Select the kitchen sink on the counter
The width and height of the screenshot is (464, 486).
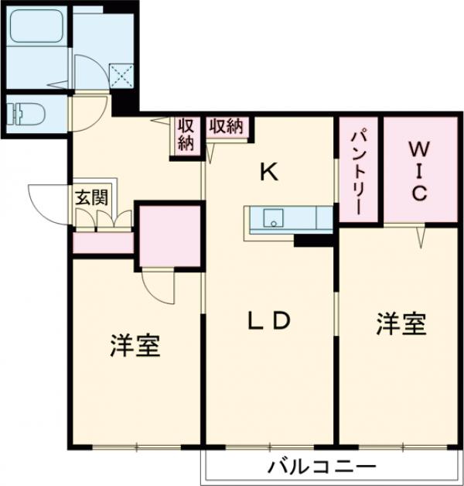tap(272, 219)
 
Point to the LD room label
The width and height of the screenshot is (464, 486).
tap(269, 320)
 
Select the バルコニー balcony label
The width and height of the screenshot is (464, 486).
tap(322, 468)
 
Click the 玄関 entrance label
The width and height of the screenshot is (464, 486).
tap(91, 196)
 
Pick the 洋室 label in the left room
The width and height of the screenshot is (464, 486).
tap(135, 346)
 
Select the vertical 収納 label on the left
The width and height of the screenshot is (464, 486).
tap(186, 135)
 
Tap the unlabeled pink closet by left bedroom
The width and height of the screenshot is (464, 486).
tap(169, 236)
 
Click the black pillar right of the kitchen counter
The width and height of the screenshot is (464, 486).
tap(313, 240)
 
